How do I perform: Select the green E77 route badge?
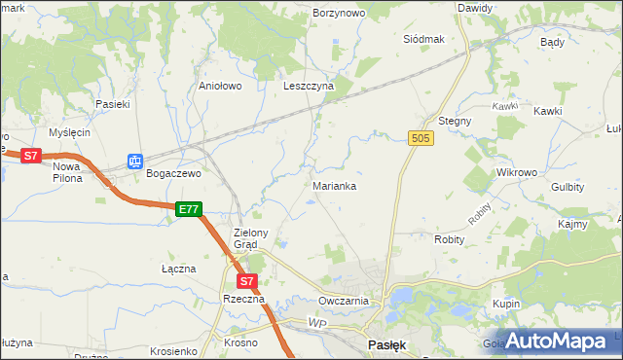click(x=189, y=209)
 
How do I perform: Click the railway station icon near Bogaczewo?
click(x=134, y=162)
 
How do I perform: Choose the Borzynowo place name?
click(x=339, y=14)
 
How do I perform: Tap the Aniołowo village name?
click(x=220, y=86)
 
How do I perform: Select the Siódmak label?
click(x=423, y=39)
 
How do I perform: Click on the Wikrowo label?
click(x=517, y=172)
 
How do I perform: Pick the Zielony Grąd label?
click(x=257, y=238)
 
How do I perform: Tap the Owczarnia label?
click(x=343, y=301)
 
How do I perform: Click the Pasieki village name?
click(x=112, y=103)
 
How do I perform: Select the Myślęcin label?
click(x=71, y=132)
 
